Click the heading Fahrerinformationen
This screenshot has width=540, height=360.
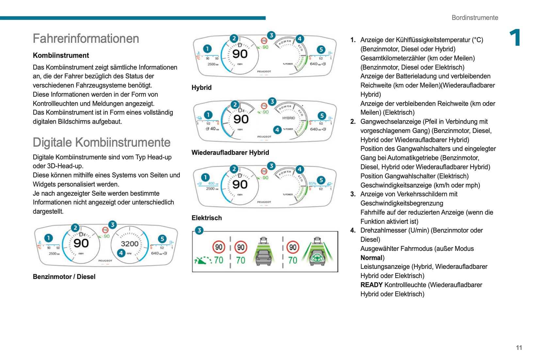(x=86, y=39)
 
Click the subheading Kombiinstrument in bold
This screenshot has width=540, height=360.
(x=61, y=56)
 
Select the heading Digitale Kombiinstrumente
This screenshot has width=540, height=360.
(x=102, y=142)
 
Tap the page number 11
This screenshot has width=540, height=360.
(x=519, y=348)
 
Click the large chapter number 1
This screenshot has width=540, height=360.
(x=515, y=38)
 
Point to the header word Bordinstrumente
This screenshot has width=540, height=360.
(x=475, y=18)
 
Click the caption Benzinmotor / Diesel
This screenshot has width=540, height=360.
(x=64, y=277)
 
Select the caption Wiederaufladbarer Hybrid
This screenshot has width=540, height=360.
(x=230, y=153)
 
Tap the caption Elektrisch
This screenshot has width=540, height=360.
(x=206, y=218)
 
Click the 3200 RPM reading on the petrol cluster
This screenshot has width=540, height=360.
(x=130, y=244)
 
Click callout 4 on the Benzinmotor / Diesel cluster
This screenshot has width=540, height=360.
(x=121, y=253)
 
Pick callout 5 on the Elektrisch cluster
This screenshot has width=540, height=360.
(x=321, y=180)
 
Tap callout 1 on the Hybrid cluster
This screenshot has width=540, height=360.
(x=207, y=49)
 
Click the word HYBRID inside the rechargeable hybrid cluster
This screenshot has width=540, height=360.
(x=288, y=118)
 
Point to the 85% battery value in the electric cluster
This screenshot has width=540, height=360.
(x=312, y=183)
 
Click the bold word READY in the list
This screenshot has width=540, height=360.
(x=371, y=285)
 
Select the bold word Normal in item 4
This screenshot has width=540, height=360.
(x=371, y=258)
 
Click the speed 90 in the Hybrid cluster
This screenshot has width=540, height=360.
(x=240, y=54)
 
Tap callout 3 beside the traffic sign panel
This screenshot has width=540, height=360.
(x=199, y=230)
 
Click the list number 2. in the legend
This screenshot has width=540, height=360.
(x=353, y=122)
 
